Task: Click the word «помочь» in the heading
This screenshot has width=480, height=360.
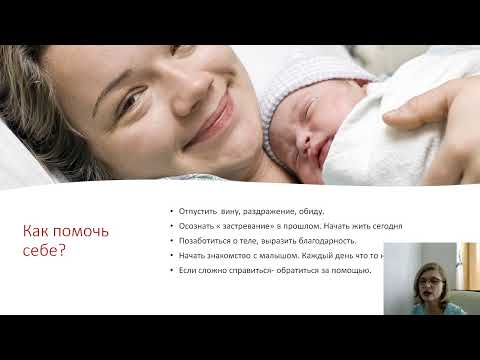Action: point(95,232)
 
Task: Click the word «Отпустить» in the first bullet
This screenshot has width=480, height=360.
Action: point(197,213)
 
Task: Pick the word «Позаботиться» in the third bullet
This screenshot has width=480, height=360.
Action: point(203,242)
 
